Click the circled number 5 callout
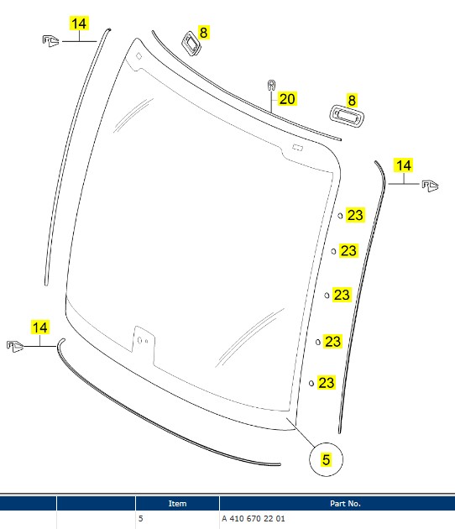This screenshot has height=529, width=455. pyautogui.click(x=326, y=459)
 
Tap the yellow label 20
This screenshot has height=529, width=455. pyautogui.click(x=287, y=99)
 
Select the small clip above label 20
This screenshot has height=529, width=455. pyautogui.click(x=271, y=86)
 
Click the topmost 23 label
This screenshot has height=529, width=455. pyautogui.click(x=355, y=215)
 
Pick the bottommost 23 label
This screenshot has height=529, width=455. pyautogui.click(x=327, y=383)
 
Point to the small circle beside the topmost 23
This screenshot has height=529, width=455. pyautogui.click(x=340, y=216)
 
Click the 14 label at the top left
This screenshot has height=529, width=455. pyautogui.click(x=79, y=24)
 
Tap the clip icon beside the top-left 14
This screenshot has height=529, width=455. pyautogui.click(x=50, y=41)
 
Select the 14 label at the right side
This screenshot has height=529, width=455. pyautogui.click(x=404, y=165)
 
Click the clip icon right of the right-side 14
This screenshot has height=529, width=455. pyautogui.click(x=431, y=186)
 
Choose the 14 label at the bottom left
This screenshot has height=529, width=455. pyautogui.click(x=40, y=327)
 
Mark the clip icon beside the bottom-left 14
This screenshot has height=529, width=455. pyautogui.click(x=15, y=346)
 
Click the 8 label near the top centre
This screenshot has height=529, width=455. pyautogui.click(x=203, y=33)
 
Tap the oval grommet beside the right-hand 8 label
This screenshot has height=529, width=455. pyautogui.click(x=347, y=117)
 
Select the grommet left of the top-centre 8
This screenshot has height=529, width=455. pyautogui.click(x=191, y=44)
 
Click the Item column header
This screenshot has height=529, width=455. pyautogui.click(x=177, y=503)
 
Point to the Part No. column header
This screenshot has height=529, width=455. pyautogui.click(x=345, y=503)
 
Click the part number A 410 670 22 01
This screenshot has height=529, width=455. pyautogui.click(x=254, y=518)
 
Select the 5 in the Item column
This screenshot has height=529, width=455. pyautogui.click(x=141, y=518)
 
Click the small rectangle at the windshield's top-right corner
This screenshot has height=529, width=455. pyautogui.click(x=297, y=148)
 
